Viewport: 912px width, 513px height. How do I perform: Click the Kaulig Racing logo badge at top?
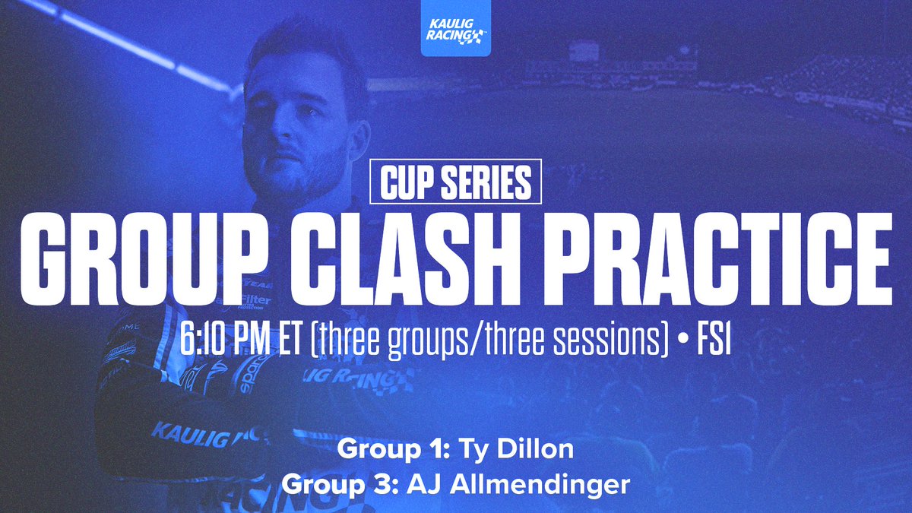[x=456, y=35]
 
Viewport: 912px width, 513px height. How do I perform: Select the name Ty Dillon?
[x=516, y=449]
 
